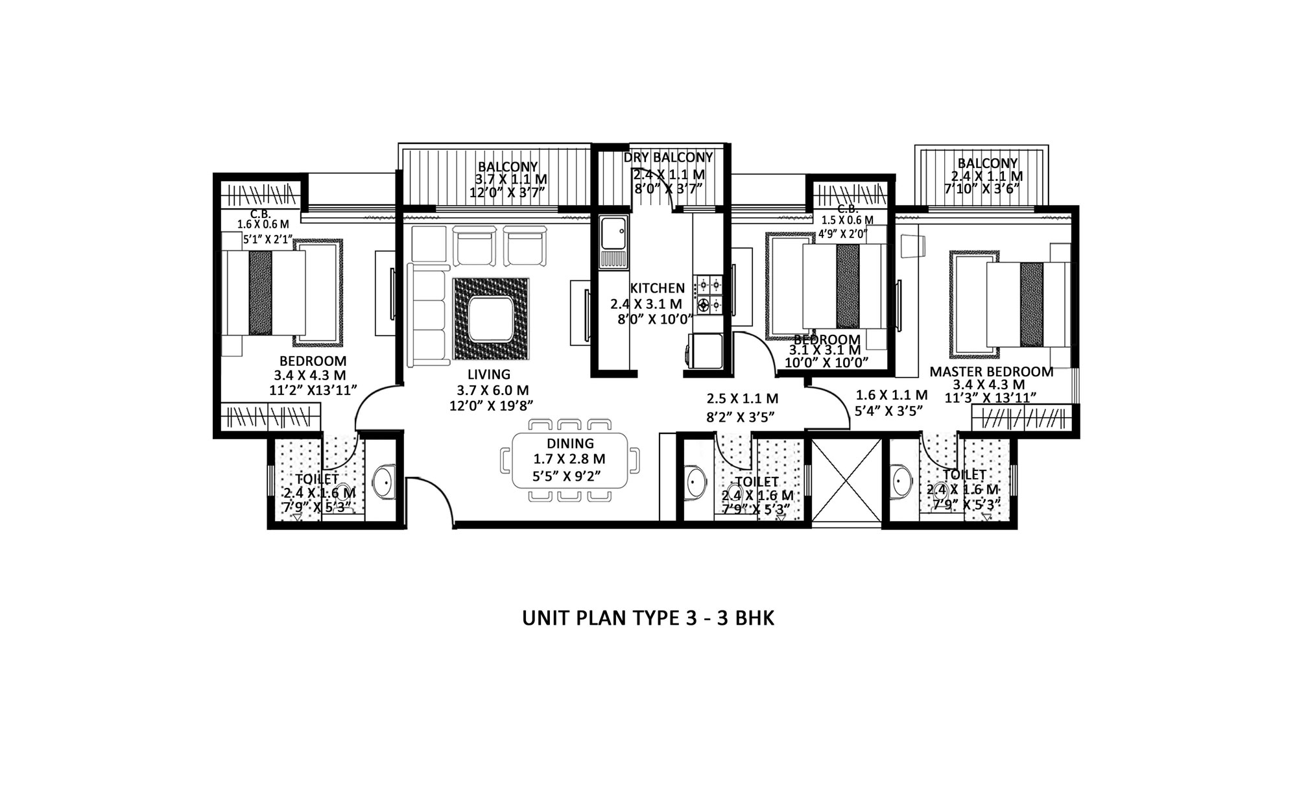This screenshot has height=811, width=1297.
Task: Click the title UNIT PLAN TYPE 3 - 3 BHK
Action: [x=648, y=618]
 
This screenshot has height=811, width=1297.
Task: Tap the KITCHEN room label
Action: [x=657, y=288]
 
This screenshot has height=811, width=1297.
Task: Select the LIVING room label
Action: [x=489, y=374]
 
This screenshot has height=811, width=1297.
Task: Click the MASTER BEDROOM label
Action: [x=992, y=372]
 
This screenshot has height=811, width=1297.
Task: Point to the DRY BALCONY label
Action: [x=668, y=157]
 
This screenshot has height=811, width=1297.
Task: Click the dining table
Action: [x=570, y=460]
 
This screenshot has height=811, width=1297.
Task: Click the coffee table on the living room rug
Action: [x=491, y=319]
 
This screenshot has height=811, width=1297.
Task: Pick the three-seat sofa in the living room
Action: [x=428, y=314]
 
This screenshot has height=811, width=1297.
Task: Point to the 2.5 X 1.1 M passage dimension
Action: [x=742, y=398]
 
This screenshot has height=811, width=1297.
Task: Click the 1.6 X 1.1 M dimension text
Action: [x=892, y=394]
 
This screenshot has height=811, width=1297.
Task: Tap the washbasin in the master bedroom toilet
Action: [x=901, y=481]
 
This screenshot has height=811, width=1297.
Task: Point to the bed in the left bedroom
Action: [x=264, y=293]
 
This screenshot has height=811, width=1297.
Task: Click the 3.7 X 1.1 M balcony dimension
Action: [x=511, y=179]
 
